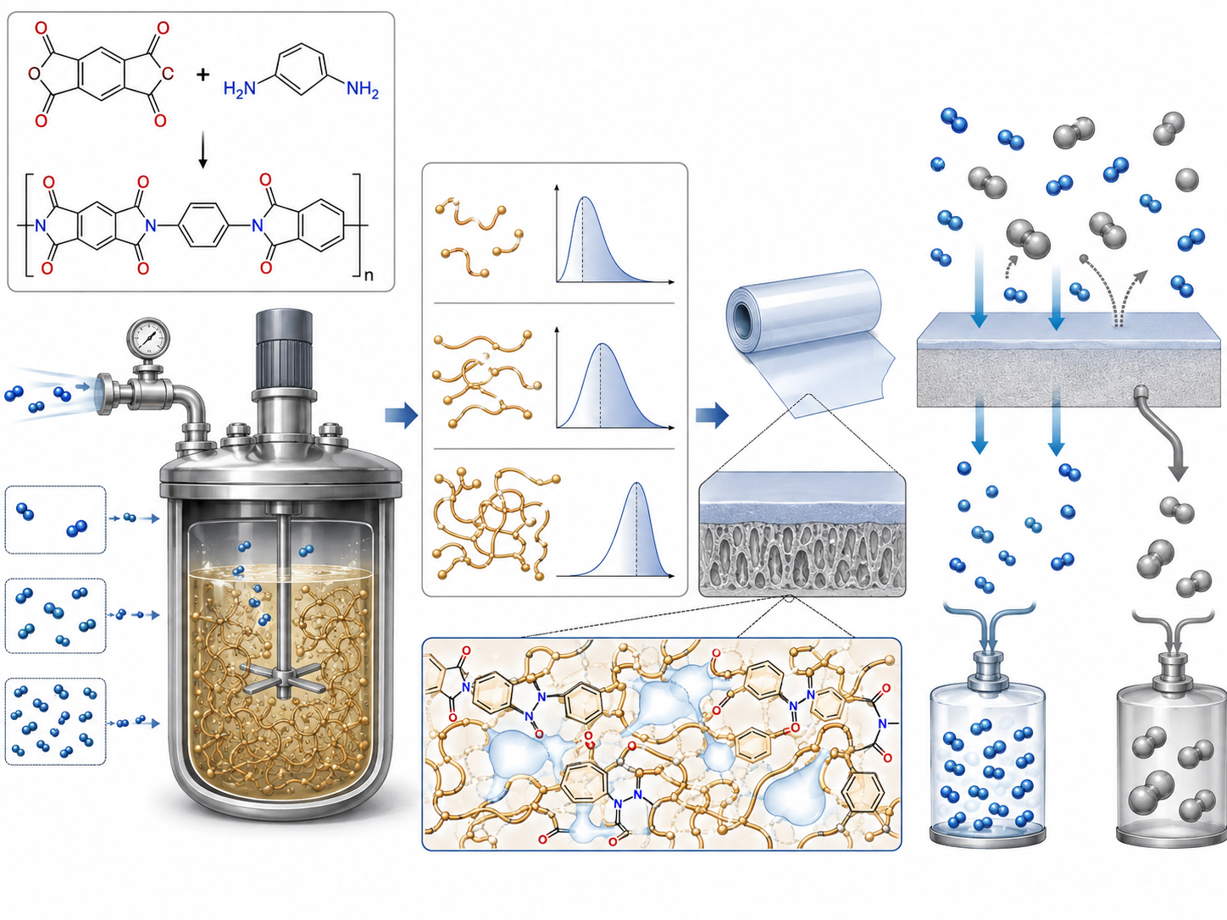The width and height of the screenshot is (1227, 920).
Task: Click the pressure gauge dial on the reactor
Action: coord(148,338)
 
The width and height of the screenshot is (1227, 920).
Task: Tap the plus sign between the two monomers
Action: coord(203,74)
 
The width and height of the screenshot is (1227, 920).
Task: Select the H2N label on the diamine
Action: coord(240,88)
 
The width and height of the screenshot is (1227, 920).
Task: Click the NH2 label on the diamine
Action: coord(363,88)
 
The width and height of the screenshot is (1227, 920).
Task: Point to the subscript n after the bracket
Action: coord(369,274)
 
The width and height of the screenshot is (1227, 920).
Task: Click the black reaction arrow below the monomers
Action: coord(203,150)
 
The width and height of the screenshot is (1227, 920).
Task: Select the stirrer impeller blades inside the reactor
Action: coord(285,678)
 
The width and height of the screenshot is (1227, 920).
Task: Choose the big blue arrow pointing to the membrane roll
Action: coord(712,415)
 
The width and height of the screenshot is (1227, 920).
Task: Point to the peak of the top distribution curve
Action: coord(584,197)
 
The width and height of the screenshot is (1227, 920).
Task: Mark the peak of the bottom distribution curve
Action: coord(636,484)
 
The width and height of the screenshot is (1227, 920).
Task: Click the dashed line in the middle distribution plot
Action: coord(600,385)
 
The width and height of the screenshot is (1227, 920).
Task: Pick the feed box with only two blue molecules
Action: coord(55,519)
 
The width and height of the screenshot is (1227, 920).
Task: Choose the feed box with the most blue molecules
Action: coord(55,721)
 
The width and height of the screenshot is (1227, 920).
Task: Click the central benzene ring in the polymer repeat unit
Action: coord(203,225)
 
